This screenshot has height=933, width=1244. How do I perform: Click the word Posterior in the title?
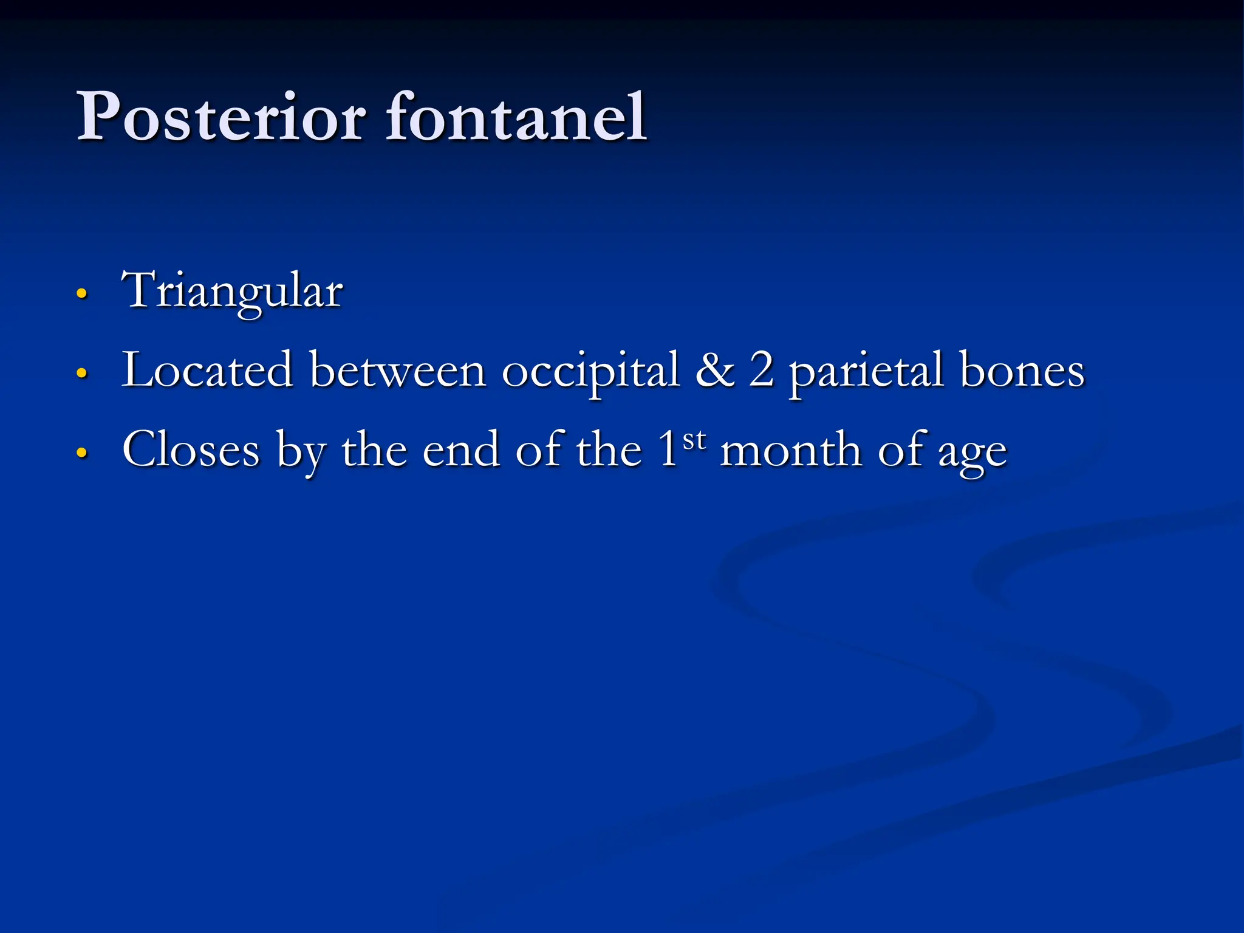(x=221, y=117)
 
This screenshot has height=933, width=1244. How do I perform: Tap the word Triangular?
(x=232, y=292)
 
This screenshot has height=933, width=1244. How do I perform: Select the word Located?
(x=207, y=370)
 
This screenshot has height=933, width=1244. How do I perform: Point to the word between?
(x=398, y=370)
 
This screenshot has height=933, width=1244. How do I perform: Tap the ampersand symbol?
(x=714, y=370)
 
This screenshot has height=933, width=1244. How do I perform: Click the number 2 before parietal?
(x=761, y=370)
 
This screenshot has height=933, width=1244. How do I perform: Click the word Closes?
(x=191, y=450)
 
